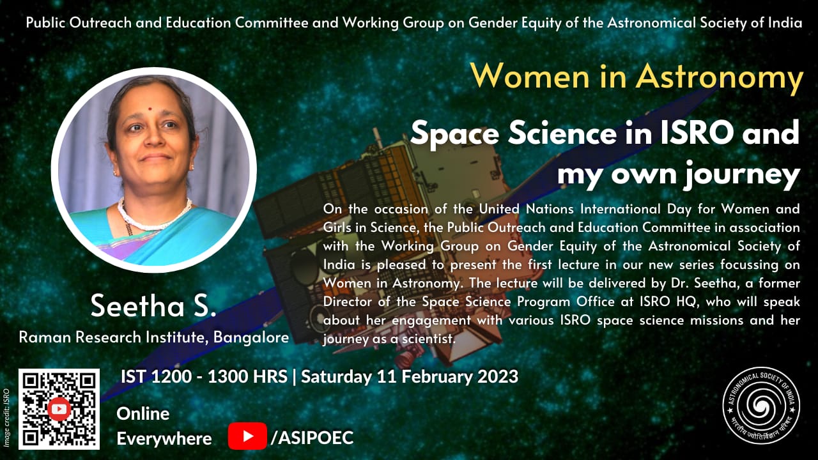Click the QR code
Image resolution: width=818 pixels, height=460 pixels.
click(59, 409)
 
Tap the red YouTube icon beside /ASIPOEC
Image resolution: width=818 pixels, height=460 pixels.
click(247, 437)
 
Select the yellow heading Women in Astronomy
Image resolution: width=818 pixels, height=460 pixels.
click(637, 77)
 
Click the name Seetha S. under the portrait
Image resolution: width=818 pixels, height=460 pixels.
click(153, 306)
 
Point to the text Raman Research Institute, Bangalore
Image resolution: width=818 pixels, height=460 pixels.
click(153, 337)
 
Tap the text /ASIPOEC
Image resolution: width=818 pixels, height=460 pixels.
click(312, 437)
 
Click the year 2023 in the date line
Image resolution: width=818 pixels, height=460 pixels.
click(496, 376)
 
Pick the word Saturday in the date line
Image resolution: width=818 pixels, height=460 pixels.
click(334, 376)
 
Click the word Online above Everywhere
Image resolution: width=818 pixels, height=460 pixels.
click(143, 413)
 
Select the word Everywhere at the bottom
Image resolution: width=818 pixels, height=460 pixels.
click(164, 439)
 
